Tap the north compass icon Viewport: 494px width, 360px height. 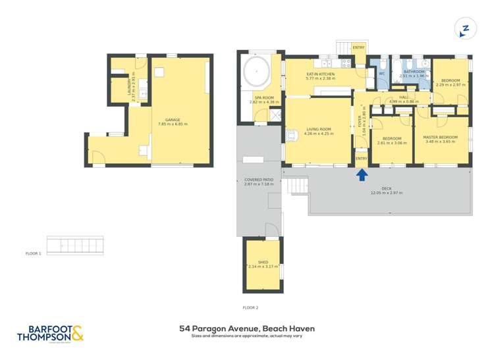pos(464,28)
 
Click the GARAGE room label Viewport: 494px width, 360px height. pos(173,120)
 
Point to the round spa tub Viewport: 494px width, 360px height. pos(256,71)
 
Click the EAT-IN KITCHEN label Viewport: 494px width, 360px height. pos(321,74)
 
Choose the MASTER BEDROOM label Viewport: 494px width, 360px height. pos(440,138)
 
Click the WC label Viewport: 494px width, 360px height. pos(381,74)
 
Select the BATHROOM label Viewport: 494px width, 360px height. pos(414,71)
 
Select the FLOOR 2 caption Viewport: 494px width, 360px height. pos(250,307)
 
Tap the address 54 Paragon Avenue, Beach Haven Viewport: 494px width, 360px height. pos(247,328)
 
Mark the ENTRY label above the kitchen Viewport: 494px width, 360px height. pos(359,47)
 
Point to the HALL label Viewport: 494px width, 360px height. pos(413,97)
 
